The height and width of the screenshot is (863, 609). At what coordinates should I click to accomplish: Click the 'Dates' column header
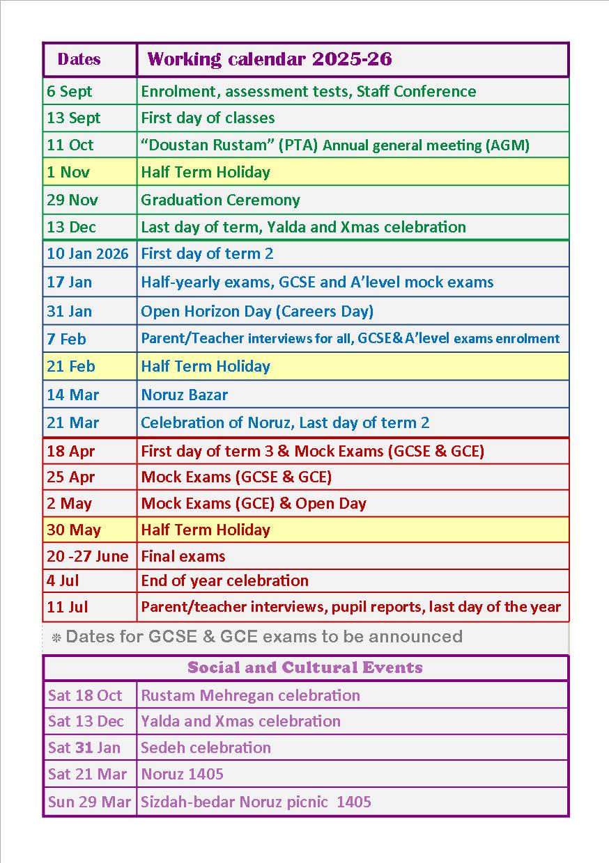(x=79, y=60)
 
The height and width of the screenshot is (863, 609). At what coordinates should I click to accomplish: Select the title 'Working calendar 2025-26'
(x=270, y=60)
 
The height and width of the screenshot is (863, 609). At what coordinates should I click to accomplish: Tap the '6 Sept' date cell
(x=70, y=92)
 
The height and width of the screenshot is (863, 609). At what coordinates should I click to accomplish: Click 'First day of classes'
(x=208, y=118)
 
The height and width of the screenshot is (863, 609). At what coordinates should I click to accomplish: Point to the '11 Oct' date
(x=70, y=145)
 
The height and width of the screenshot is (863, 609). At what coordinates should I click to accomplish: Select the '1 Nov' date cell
(x=68, y=173)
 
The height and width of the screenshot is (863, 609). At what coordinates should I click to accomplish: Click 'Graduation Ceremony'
(x=220, y=200)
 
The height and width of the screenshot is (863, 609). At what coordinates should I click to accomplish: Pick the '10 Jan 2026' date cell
(x=88, y=254)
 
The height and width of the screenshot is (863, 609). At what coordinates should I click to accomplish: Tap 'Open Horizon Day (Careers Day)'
(x=257, y=312)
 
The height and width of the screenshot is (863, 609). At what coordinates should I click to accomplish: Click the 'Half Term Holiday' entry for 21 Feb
(x=206, y=367)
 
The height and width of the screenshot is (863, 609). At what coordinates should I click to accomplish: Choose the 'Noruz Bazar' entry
(x=184, y=395)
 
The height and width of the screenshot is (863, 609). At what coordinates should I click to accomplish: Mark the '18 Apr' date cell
(x=70, y=452)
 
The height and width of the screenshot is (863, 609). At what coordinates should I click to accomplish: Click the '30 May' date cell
(x=74, y=530)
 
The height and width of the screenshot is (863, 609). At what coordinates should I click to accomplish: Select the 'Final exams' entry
(x=183, y=557)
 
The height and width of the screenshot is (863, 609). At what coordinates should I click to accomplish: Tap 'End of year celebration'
(x=224, y=581)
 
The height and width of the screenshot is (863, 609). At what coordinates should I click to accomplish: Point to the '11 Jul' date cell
(x=68, y=608)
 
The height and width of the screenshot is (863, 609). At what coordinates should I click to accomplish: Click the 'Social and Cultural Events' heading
(x=305, y=668)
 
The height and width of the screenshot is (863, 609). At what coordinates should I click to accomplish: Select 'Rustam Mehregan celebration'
(x=250, y=696)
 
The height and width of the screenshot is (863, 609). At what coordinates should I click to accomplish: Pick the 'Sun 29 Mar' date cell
(x=89, y=802)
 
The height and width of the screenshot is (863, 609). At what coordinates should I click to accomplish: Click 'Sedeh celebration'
(x=206, y=748)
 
